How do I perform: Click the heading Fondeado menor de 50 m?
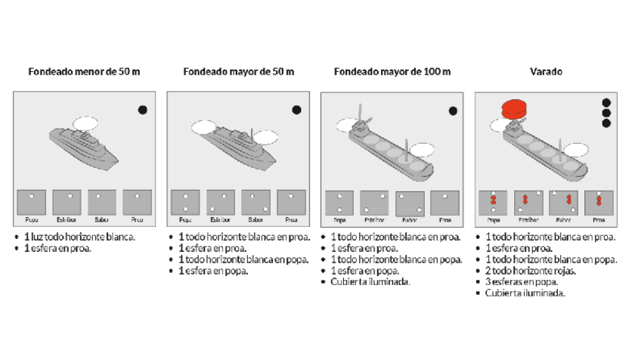pos(84,73)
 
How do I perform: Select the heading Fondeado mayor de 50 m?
pos(238,73)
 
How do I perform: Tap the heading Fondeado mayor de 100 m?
pos(392,73)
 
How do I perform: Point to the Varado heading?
pos(545,73)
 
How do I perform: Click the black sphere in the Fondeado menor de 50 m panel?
pos(143,110)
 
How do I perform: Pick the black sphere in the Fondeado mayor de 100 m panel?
pos(453,110)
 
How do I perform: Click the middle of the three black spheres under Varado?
pos(605,113)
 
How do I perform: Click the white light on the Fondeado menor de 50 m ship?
pos(85,122)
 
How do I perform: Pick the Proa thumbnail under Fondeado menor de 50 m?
pos(137,202)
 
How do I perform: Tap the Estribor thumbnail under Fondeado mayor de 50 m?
pos(220,202)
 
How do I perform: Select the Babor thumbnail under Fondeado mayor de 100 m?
pos(410,202)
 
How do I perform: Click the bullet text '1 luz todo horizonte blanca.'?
pos(80,237)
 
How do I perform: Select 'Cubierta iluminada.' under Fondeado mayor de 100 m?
pos(370,281)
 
